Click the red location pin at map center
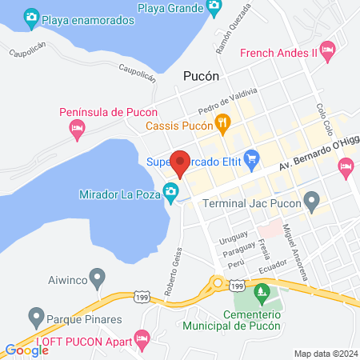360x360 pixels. [180, 162]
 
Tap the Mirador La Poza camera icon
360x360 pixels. [170, 190]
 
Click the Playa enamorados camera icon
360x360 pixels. [31, 16]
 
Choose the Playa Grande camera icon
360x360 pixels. [214, 7]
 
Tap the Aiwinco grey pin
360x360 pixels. [98, 278]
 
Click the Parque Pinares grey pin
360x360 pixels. [35, 315]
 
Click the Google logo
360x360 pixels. [26, 350]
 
